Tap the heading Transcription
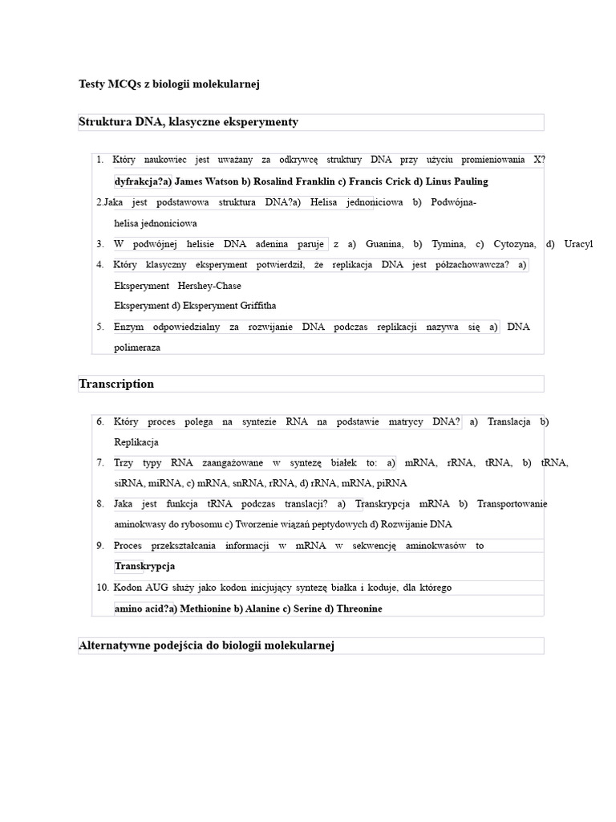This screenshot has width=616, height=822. [116, 384]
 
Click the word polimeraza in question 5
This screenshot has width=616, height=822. [137, 348]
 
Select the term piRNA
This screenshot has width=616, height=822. [391, 483]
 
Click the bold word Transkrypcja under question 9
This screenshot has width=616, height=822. [144, 566]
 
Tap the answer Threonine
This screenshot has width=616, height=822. [359, 608]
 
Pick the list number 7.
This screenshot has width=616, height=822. [100, 462]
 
